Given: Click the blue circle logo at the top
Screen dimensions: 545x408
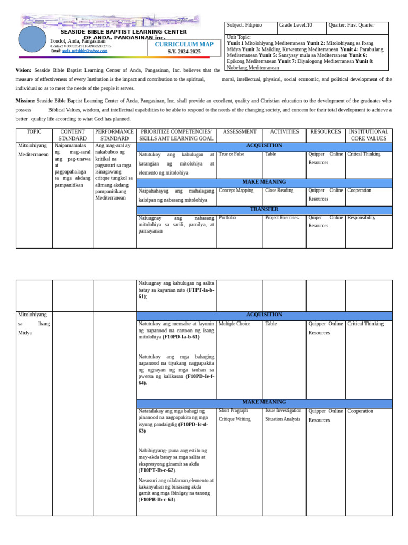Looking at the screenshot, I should point(32,39).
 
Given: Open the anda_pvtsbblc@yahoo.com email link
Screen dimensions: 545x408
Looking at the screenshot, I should point(84,51).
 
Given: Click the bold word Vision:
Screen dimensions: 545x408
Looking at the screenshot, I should point(23,70).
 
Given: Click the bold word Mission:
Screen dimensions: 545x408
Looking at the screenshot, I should point(25,100).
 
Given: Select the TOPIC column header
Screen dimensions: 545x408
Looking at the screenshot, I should point(34,131).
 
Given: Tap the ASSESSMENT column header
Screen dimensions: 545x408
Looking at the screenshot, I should point(240,131).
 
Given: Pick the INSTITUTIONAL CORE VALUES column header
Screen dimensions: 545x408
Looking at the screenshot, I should point(369,135).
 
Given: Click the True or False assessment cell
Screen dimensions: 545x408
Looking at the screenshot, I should point(232,154).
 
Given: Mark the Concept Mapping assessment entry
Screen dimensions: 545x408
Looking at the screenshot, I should point(236,190).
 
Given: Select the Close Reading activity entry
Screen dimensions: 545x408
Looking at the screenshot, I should point(279,190).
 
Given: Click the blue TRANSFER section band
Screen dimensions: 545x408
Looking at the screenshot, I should point(264,209).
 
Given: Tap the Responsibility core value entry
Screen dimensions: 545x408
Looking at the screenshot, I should point(361,218).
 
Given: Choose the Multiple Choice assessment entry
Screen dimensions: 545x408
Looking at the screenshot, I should point(234,324).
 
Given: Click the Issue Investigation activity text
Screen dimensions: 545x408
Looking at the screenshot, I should point(283,411).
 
